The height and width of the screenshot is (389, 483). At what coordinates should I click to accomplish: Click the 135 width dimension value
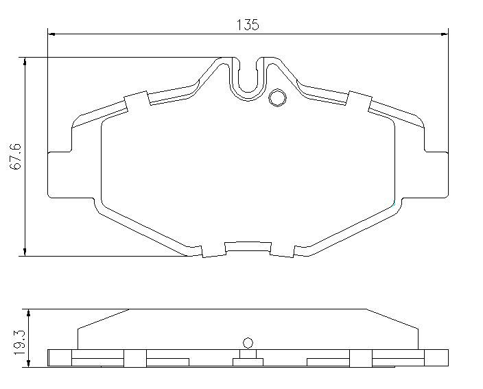coord(248,25)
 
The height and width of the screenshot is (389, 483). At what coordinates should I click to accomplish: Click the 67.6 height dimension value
coord(15,156)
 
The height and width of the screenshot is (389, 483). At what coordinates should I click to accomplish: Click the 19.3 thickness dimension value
coord(19,342)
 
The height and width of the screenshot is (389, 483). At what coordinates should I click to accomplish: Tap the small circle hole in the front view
coord(278,98)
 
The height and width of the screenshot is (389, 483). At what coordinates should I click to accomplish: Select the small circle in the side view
coord(248,343)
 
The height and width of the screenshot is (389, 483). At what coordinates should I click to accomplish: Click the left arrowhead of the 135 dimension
coord(51,34)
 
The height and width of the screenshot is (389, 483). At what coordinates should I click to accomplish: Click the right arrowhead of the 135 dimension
coord(445,34)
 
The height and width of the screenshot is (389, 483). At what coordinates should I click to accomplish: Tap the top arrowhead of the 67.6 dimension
coord(25,61)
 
